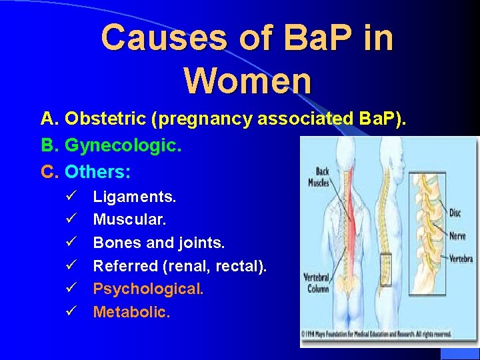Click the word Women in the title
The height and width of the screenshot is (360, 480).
[247, 80]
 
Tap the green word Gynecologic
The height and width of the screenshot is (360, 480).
[123, 145]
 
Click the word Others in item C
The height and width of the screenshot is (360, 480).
[97, 172]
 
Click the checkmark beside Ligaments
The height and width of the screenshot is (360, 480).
[72, 197]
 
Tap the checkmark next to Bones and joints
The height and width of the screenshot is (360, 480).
[72, 243]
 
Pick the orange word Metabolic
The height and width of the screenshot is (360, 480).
[131, 311]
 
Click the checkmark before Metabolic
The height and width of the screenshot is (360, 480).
[72, 311]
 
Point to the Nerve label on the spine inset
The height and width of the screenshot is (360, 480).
[457, 235]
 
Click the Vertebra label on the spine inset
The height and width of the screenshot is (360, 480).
[461, 258]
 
